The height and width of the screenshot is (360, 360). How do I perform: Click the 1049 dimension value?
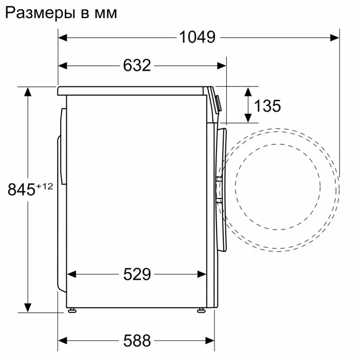click(197, 37)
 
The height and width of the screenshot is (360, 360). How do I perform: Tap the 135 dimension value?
click(267, 106)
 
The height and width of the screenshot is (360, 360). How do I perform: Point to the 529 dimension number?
click(137, 274)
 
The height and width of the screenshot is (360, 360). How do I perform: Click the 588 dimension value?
click(137, 340)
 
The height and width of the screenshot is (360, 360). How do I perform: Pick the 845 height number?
click(21, 190)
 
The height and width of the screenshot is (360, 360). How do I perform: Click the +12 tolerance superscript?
click(44, 186)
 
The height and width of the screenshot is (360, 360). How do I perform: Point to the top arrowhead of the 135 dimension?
click(248, 92)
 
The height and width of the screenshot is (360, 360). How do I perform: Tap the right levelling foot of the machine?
click(200, 310)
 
